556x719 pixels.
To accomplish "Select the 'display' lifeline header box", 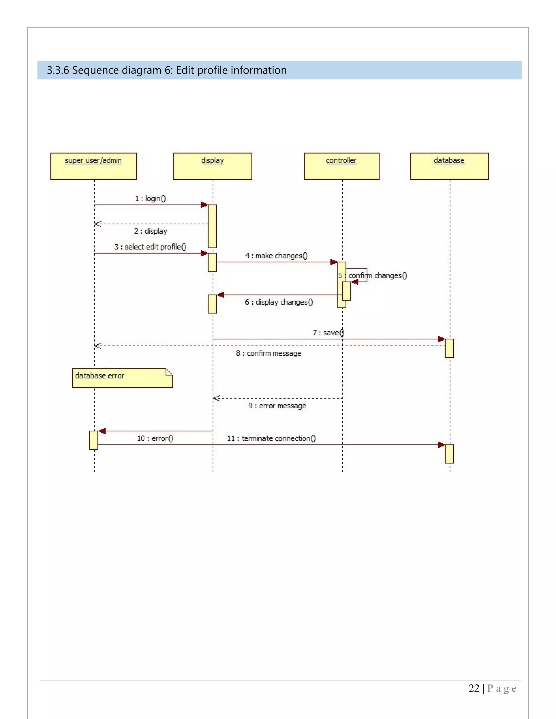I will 213,166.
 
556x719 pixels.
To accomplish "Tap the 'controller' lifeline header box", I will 342,166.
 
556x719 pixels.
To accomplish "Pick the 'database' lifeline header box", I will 449,166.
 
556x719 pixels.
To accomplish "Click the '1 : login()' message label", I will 150,199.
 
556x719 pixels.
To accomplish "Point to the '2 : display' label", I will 150,231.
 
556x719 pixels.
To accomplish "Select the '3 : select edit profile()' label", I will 150,247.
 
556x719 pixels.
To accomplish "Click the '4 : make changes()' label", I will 276,256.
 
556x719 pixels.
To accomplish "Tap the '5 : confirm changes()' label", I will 372,276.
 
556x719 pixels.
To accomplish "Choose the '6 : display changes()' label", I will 279,302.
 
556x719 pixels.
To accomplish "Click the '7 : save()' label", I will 328,333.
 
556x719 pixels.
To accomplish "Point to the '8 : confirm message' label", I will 268,353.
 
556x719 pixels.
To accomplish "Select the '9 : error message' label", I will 277,406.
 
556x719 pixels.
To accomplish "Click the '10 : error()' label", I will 155,438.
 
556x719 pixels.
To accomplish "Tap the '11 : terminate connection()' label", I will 271,438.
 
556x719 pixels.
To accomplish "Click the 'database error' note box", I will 122,378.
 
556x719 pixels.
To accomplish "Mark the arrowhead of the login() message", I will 204,205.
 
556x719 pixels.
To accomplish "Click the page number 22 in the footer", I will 474,688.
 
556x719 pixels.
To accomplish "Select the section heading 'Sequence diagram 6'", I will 166,70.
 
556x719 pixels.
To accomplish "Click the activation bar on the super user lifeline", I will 94,440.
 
